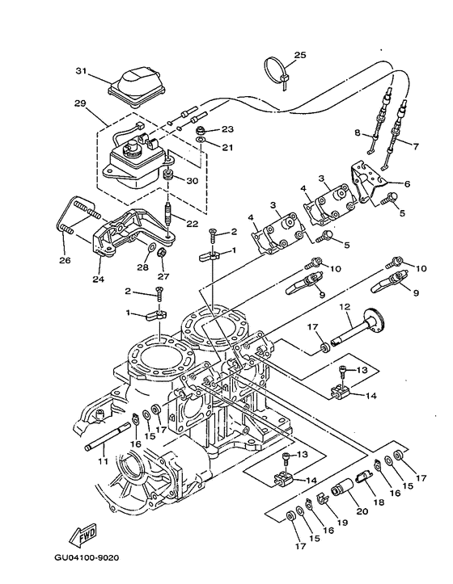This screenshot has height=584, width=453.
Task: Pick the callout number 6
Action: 407,184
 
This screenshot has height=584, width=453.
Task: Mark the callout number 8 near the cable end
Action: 355,132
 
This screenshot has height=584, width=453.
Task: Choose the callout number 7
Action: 417,147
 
